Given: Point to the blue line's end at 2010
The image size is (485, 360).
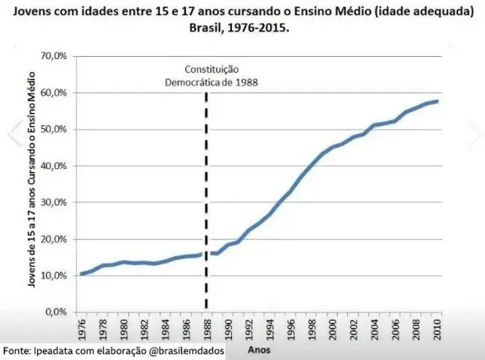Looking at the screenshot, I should pyautogui.click(x=437, y=102).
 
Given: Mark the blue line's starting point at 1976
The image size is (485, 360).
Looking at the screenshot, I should pyautogui.click(x=81, y=274).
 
